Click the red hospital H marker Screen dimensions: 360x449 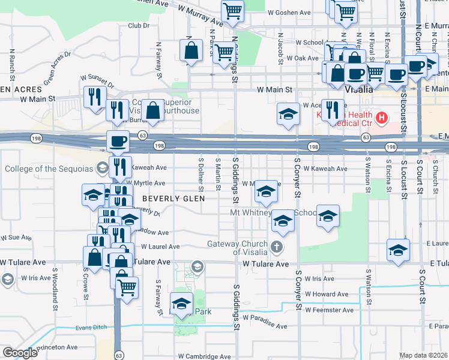pyautogui.click(x=379, y=116)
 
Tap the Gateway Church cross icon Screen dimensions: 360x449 pyautogui.click(x=276, y=247)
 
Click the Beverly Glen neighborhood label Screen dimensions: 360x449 pyautogui.click(x=173, y=198)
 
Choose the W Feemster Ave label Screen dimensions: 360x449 pyautogui.click(x=329, y=310)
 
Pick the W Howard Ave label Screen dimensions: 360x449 pyautogui.click(x=327, y=294)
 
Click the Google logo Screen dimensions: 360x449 pyautogui.click(x=20, y=353)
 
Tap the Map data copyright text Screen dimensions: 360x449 pyautogui.click(x=424, y=355)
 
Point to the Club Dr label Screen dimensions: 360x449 pyautogui.click(x=138, y=25)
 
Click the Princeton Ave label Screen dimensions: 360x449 pyautogui.click(x=56, y=347)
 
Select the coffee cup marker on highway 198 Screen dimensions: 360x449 pyautogui.click(x=118, y=141)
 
